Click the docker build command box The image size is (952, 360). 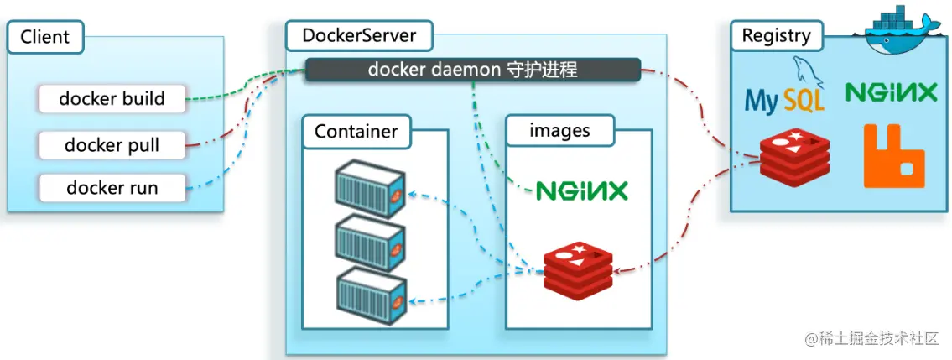(x=112, y=99)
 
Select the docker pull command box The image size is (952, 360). (x=112, y=145)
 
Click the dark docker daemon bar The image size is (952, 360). (x=472, y=70)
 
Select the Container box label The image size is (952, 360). (x=356, y=132)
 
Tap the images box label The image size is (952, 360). (x=559, y=131)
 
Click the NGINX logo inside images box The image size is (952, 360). (x=581, y=191)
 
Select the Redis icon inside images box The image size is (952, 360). (x=577, y=267)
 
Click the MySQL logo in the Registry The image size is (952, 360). (x=785, y=93)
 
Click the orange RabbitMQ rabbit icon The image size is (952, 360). (x=895, y=156)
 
